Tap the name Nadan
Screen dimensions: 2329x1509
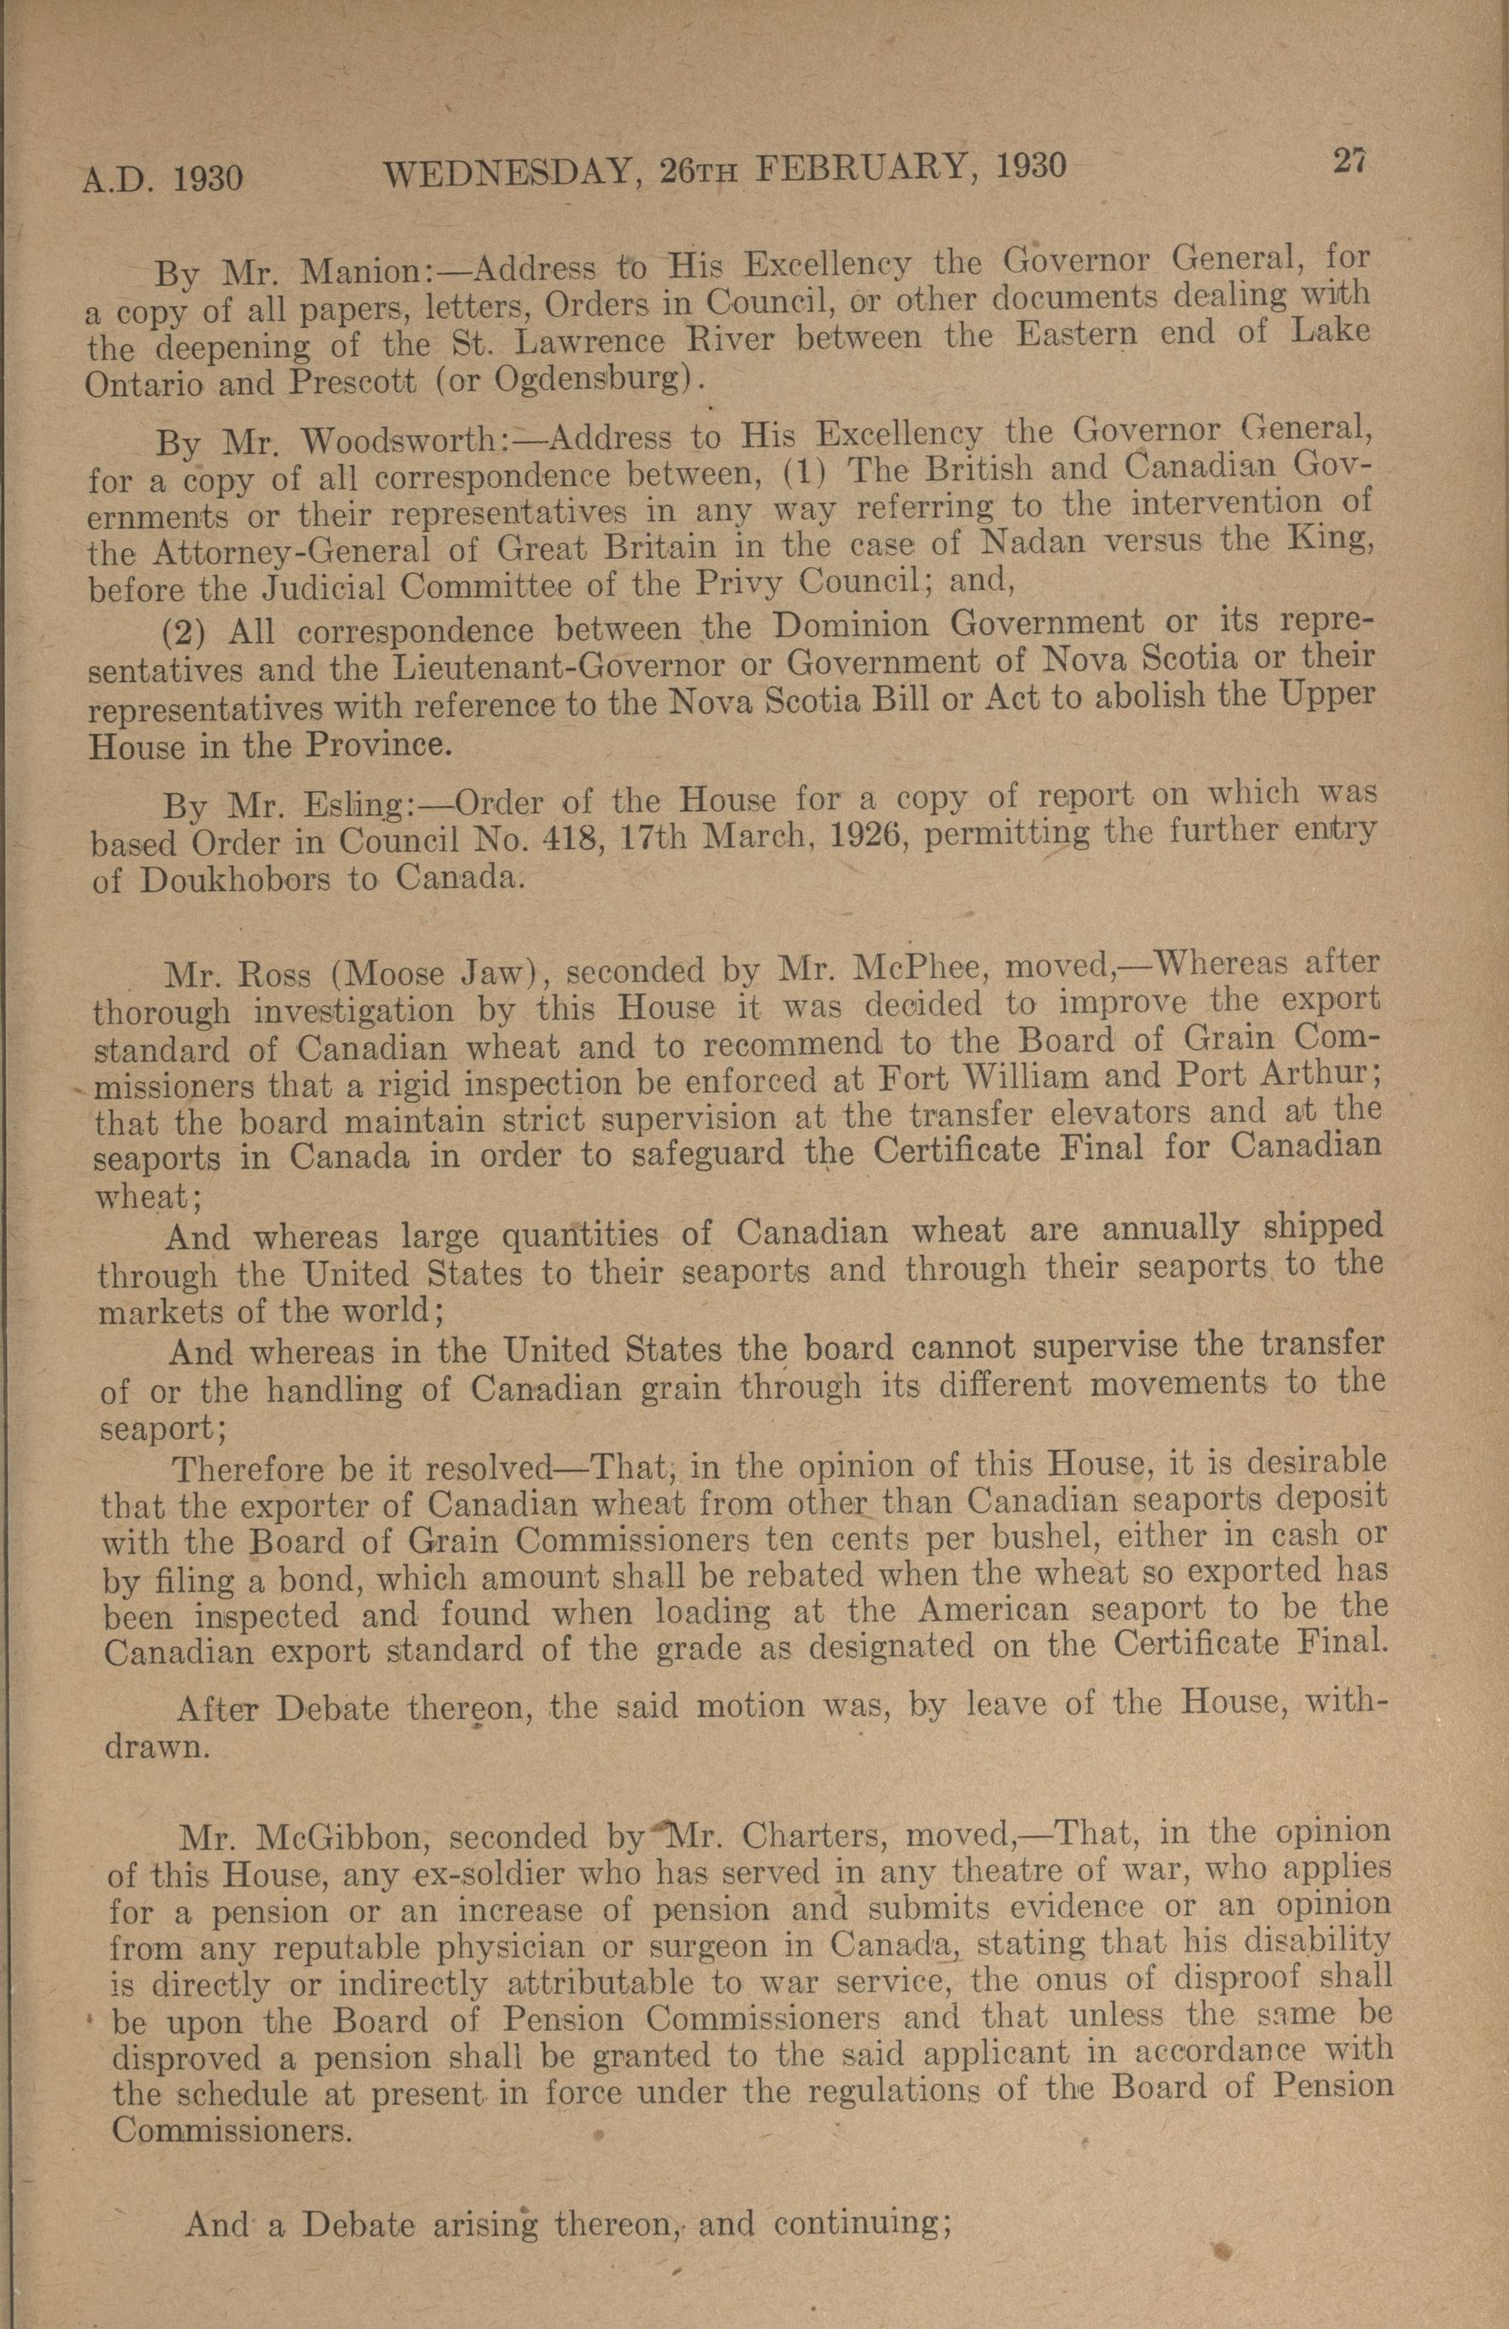[1031, 541]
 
